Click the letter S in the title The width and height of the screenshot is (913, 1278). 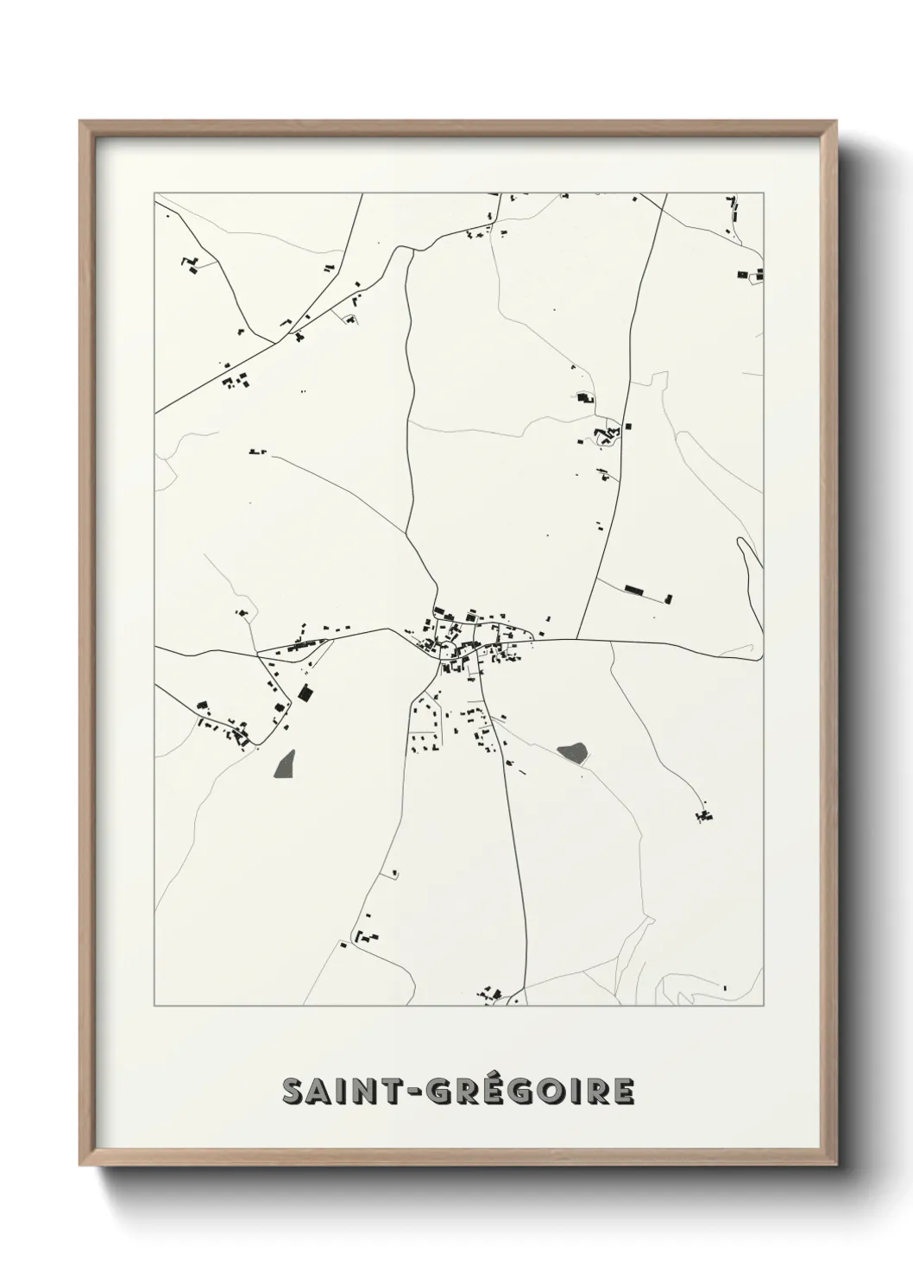(294, 1091)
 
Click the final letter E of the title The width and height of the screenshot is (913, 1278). (623, 1091)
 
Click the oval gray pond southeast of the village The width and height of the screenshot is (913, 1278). (573, 752)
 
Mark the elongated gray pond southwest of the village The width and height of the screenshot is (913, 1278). (284, 763)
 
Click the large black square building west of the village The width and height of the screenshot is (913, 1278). (304, 692)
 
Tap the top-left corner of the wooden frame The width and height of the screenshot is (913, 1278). (81, 123)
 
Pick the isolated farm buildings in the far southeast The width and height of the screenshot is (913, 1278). (704, 813)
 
